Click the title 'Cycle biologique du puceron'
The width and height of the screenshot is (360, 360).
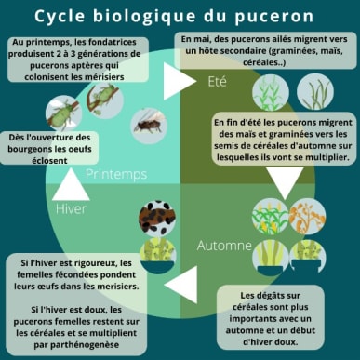(x=180, y=16)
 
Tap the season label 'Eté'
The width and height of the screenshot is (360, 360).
(x=215, y=82)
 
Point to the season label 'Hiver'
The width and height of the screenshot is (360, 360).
(x=71, y=209)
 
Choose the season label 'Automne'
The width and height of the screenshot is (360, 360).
(x=225, y=246)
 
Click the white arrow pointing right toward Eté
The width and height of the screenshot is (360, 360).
(x=177, y=81)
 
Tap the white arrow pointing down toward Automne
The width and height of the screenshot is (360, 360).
(x=282, y=184)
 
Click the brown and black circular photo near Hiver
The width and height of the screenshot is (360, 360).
(x=157, y=218)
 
